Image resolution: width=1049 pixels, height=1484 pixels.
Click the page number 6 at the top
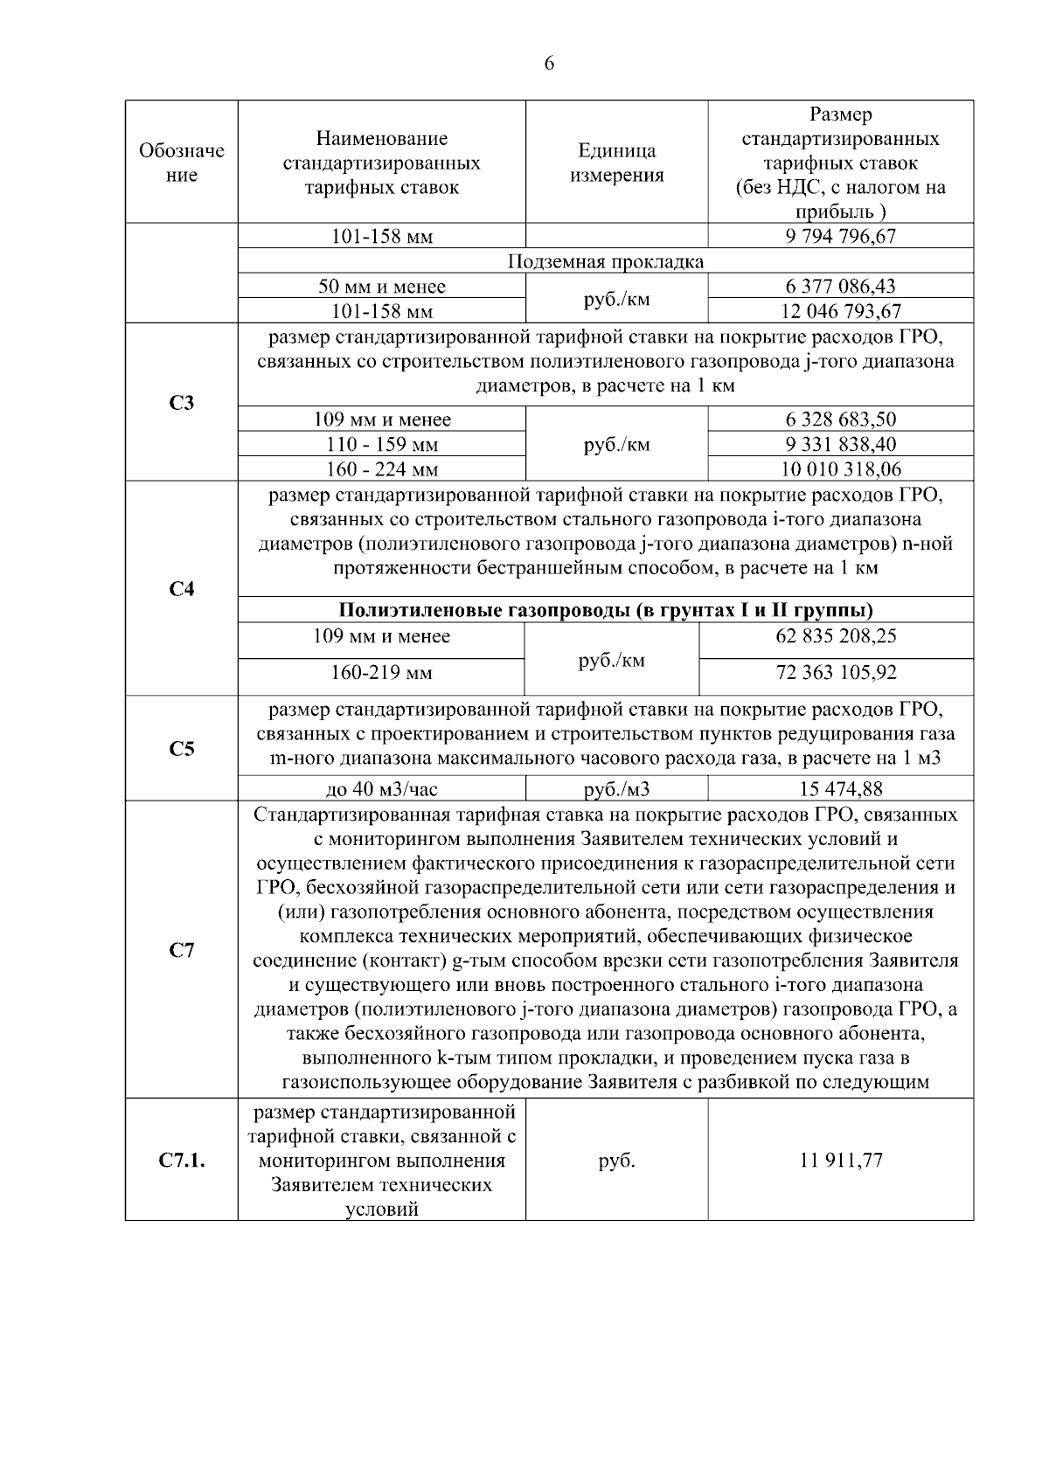[x=549, y=63]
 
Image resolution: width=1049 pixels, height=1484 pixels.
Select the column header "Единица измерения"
[x=616, y=163]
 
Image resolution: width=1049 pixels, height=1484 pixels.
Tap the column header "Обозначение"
[x=182, y=163]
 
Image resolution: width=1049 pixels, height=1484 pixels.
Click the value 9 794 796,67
[x=841, y=236]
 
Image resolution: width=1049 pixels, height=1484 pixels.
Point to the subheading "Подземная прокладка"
[x=606, y=261]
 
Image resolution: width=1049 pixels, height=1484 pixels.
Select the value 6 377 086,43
[x=841, y=286]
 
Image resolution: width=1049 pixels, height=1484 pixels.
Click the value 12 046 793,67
[x=841, y=310]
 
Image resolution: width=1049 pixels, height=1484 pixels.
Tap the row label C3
[x=182, y=403]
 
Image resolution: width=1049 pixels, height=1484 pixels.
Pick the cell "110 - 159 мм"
[x=382, y=444]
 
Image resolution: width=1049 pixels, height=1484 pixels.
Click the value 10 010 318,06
[x=841, y=469]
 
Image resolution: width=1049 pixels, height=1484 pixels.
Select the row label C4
[x=182, y=589]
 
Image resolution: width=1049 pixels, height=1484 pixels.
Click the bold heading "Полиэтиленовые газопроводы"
[x=606, y=610]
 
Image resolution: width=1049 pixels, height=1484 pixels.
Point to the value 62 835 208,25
[x=836, y=635]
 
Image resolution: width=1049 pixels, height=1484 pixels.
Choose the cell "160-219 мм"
[x=381, y=673]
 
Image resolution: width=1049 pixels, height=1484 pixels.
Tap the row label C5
[x=182, y=749]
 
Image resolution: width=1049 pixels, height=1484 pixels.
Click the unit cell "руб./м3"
[x=616, y=789]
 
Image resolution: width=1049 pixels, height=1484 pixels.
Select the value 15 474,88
[x=841, y=789]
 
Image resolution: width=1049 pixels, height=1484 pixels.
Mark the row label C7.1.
[x=182, y=1161]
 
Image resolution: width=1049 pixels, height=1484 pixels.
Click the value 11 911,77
[x=841, y=1161]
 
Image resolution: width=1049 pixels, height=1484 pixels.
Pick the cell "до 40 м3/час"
[x=382, y=789]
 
